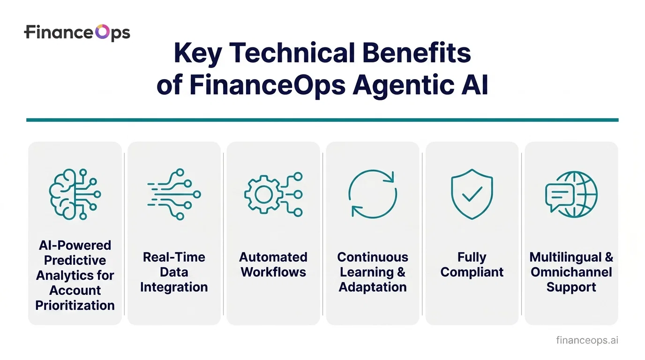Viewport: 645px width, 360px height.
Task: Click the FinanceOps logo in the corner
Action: tap(77, 33)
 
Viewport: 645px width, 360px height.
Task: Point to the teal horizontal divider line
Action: tap(322, 120)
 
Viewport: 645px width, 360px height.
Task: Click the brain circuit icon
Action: tap(75, 194)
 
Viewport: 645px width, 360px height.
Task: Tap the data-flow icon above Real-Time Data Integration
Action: tap(174, 194)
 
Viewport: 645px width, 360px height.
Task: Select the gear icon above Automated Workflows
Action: tap(273, 194)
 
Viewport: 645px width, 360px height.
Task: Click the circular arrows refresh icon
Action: tap(372, 194)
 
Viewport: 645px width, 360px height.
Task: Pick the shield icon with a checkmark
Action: tap(472, 194)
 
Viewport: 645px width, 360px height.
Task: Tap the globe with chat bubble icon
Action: tap(571, 194)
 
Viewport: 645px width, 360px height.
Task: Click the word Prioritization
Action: tap(75, 306)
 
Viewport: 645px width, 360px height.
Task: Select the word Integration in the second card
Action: tap(174, 287)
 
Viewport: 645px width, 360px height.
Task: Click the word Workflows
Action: tap(273, 272)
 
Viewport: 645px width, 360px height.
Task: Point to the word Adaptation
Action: tap(373, 287)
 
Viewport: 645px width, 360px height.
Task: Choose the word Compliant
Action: tap(472, 272)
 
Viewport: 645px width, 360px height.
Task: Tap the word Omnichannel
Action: tap(571, 272)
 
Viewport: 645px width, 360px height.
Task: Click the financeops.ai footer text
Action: tap(587, 340)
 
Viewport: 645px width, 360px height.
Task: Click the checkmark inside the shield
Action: tap(472, 193)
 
